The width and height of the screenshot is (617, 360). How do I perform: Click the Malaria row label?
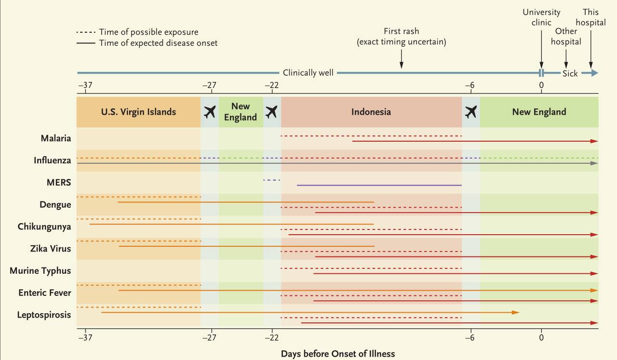pos(55,138)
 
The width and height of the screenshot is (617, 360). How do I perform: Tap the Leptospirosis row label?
pos(44,315)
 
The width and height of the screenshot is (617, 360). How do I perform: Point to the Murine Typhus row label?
pos(40,271)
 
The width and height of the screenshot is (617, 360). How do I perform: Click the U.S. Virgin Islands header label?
pos(138,112)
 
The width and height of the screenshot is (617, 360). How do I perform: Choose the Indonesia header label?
pos(371,112)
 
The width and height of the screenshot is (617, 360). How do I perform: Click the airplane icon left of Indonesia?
pos(272,112)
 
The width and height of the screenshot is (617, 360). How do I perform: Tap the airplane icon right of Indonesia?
pos(471,112)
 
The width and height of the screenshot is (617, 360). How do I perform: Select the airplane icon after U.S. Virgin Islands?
pos(210,112)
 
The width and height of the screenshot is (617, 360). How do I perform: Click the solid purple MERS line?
pos(379,185)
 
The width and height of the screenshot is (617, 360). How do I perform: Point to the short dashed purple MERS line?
pos(271,180)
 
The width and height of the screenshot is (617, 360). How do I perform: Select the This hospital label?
pos(590,17)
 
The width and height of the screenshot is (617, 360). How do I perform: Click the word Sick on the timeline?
pos(570,74)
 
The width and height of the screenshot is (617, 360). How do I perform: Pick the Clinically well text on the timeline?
pos(308,73)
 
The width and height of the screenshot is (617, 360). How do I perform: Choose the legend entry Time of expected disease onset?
pos(158,43)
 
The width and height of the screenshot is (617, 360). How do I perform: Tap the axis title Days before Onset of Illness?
pos(338,354)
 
